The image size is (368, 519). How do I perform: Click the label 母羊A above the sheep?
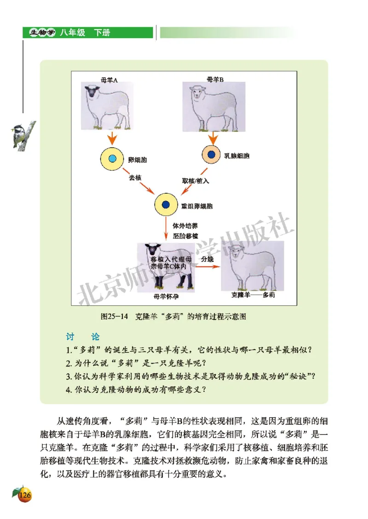[x=109, y=79]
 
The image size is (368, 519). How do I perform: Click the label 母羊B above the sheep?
[x=215, y=79]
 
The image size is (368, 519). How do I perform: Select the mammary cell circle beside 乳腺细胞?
[x=212, y=155]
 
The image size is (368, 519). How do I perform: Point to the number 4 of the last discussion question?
[x=68, y=390]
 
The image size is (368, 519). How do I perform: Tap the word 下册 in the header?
[x=102, y=33]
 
